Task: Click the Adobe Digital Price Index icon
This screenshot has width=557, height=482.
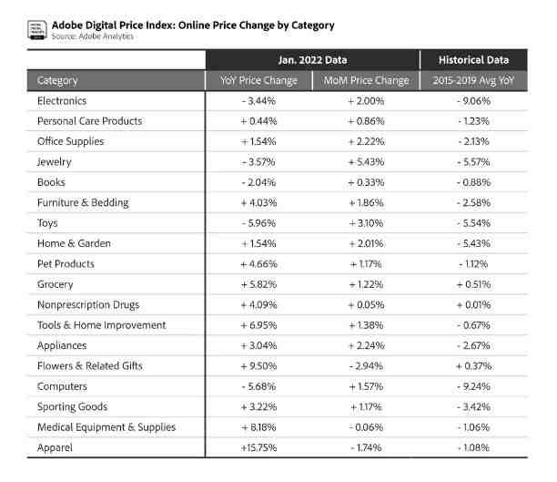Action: pyautogui.click(x=37, y=30)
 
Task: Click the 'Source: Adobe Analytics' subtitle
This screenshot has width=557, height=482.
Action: pyautogui.click(x=92, y=36)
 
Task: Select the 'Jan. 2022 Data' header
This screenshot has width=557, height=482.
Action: pyautogui.click(x=312, y=60)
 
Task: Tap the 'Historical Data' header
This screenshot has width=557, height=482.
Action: pyautogui.click(x=473, y=60)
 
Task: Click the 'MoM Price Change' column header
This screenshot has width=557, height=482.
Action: pyautogui.click(x=366, y=81)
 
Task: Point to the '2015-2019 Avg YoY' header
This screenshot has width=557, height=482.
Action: pyautogui.click(x=473, y=81)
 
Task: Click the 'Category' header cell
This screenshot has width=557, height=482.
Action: pyautogui.click(x=57, y=81)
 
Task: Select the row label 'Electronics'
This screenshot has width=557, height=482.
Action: pyautogui.click(x=62, y=101)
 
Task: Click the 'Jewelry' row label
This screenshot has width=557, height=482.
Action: pyautogui.click(x=55, y=162)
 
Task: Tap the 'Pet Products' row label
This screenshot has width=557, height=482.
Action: pyautogui.click(x=66, y=264)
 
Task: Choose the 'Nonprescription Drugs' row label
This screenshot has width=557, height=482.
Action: pyautogui.click(x=88, y=305)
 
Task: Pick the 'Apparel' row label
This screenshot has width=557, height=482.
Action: pyautogui.click(x=55, y=447)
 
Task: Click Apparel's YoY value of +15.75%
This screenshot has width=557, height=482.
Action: pyautogui.click(x=259, y=447)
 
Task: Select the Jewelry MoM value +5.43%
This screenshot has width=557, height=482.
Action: pyautogui.click(x=366, y=162)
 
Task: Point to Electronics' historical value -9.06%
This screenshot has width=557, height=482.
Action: pyautogui.click(x=473, y=101)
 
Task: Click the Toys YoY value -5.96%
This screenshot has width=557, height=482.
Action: pyautogui.click(x=259, y=223)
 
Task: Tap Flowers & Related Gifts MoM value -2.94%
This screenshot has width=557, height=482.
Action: pyautogui.click(x=366, y=366)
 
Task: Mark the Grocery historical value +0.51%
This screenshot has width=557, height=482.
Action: pyautogui.click(x=473, y=284)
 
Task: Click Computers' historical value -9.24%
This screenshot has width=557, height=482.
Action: pyautogui.click(x=473, y=386)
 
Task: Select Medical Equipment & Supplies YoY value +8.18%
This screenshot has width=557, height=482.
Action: pyautogui.click(x=259, y=427)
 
